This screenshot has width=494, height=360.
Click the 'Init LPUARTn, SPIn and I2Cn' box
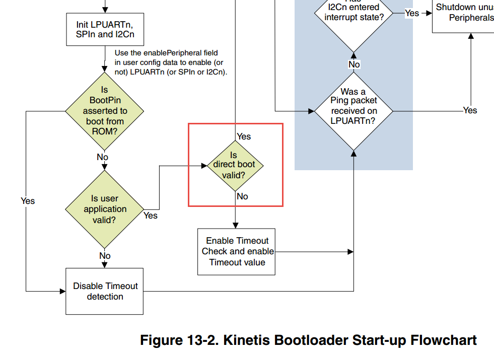105,29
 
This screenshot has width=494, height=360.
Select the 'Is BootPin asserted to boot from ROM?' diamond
105,111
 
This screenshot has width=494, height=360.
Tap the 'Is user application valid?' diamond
105,209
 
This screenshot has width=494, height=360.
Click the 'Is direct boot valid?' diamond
235,165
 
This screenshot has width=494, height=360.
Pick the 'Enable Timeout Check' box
236,251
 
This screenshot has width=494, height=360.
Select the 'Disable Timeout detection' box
105,291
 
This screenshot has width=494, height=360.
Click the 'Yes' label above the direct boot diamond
244,136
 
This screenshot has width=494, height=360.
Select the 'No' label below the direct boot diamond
242,196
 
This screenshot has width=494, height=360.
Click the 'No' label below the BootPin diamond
103,157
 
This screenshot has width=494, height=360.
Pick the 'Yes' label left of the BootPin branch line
28,201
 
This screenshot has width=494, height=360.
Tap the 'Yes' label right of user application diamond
151,215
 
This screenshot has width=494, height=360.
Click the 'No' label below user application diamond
105,256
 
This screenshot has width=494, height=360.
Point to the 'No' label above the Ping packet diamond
354,64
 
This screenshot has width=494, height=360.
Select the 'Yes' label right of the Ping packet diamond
470,110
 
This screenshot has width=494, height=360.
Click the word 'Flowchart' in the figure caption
444,340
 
